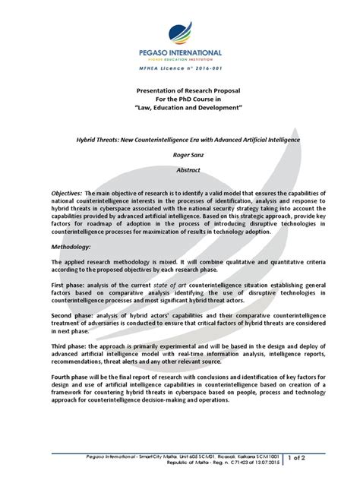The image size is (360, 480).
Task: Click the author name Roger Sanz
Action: click(x=179, y=153)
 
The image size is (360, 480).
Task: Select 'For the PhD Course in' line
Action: click(x=179, y=99)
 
